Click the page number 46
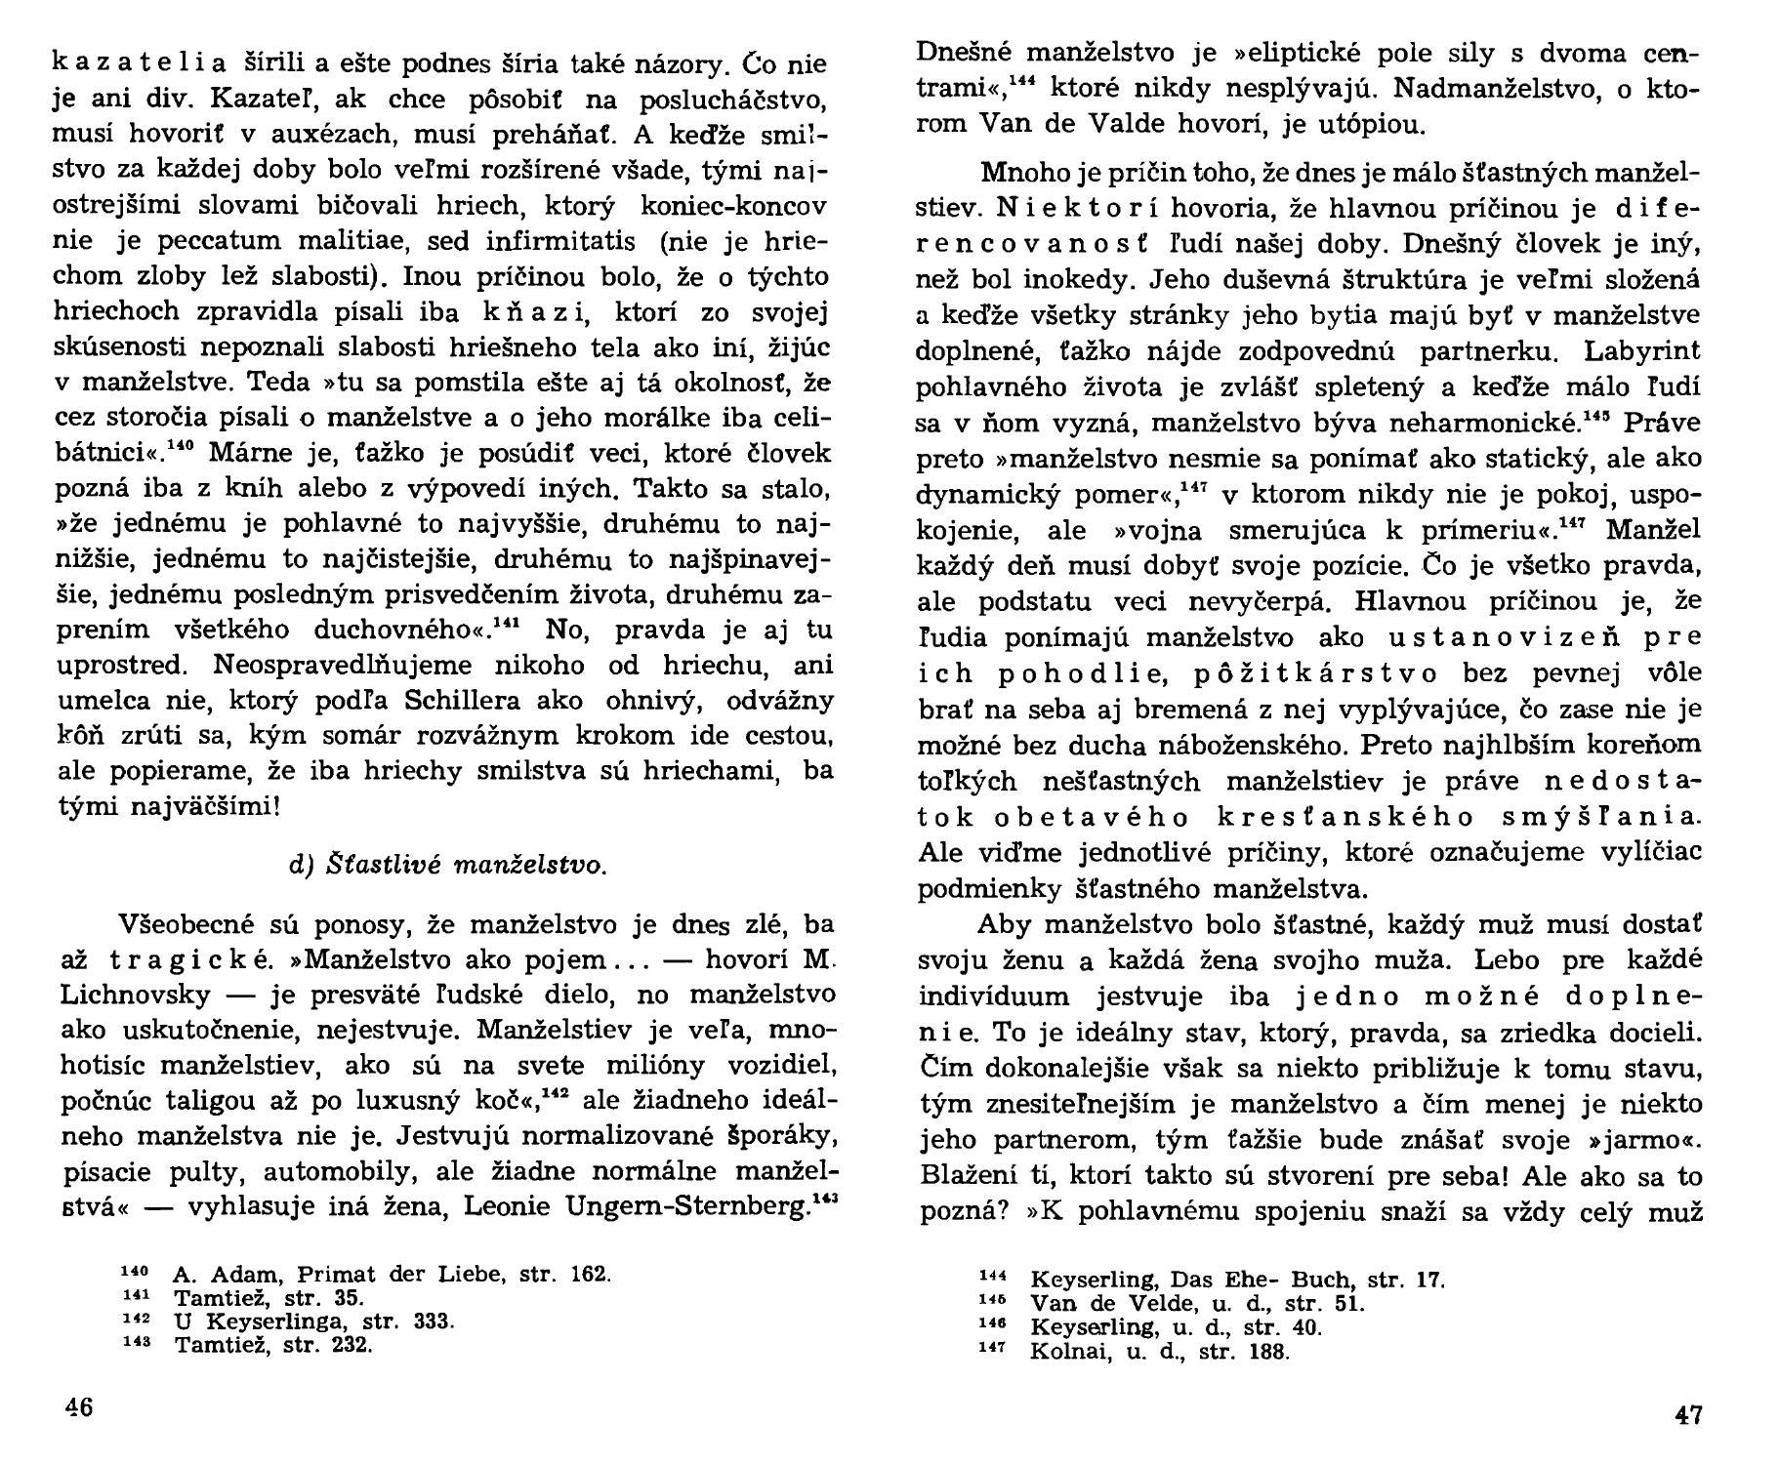(x=78, y=1408)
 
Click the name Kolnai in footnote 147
(x=1063, y=1352)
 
